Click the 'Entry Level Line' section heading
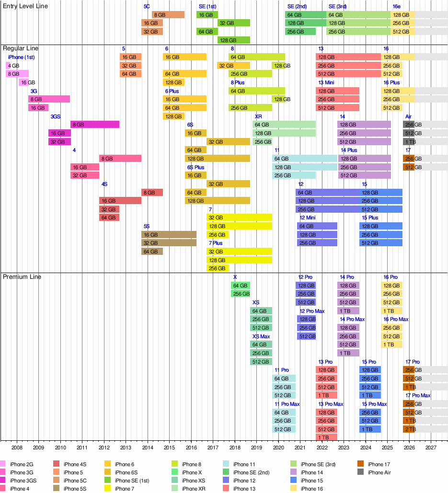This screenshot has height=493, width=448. [25, 6]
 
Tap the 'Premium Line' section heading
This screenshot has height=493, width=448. [22, 277]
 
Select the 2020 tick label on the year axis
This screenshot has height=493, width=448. [278, 447]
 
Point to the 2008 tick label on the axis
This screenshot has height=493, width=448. [17, 447]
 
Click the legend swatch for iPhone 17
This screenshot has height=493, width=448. [360, 464]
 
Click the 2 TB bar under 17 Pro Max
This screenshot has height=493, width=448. [409, 429]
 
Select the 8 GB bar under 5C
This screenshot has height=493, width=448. [168, 15]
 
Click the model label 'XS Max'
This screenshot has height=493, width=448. [261, 336]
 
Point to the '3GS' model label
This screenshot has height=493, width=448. [56, 116]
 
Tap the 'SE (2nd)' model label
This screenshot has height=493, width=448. [297, 6]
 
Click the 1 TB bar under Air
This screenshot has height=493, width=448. [409, 142]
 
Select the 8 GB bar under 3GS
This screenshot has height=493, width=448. [95, 125]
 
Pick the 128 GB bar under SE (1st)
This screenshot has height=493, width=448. [234, 40]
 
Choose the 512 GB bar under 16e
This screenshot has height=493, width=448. [402, 32]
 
